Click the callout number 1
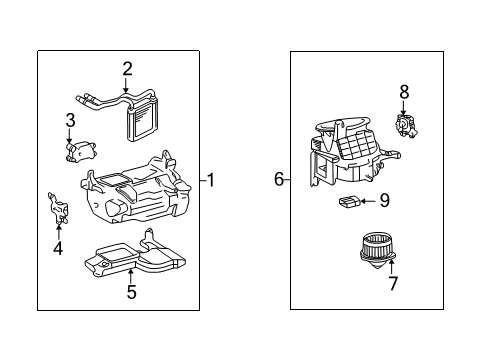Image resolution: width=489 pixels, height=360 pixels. (x=211, y=180)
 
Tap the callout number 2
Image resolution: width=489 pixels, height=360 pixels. (x=127, y=69)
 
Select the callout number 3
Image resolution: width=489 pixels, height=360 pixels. (x=70, y=120)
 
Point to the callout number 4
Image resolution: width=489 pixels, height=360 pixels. (x=58, y=248)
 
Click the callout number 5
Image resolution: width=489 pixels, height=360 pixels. (x=132, y=292)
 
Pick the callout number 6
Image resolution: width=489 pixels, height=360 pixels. (x=279, y=179)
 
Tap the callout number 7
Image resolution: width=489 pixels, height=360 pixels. (x=393, y=283)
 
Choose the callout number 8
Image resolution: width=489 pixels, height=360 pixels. (x=404, y=92)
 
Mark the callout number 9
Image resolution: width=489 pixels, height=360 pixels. (x=385, y=201)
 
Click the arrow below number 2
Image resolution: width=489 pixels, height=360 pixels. (x=126, y=85)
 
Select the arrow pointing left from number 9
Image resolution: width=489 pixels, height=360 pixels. (x=368, y=201)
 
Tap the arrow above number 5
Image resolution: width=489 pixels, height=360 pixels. (x=131, y=276)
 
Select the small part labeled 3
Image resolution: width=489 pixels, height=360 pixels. (x=80, y=151)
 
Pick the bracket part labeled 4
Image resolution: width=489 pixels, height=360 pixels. (x=58, y=208)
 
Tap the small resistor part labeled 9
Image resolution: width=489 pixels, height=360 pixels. (x=349, y=202)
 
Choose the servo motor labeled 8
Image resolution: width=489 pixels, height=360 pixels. (x=406, y=126)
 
